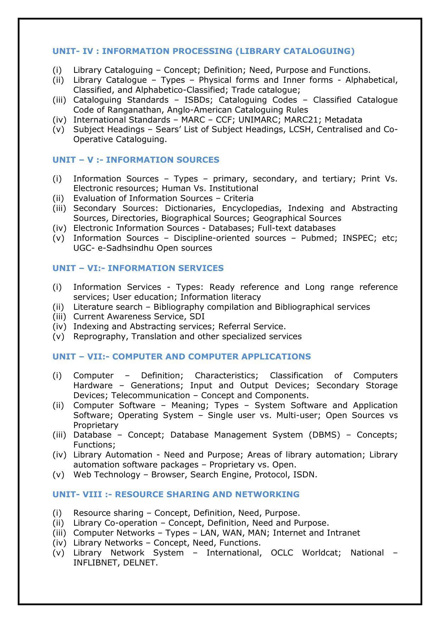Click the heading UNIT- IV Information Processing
click(x=203, y=51)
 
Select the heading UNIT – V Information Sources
click(x=136, y=160)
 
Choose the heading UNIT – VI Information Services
click(x=138, y=268)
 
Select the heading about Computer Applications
click(x=182, y=357)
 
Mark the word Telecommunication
click(x=150, y=395)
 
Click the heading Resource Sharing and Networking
click(x=176, y=494)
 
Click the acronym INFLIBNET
click(x=96, y=563)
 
